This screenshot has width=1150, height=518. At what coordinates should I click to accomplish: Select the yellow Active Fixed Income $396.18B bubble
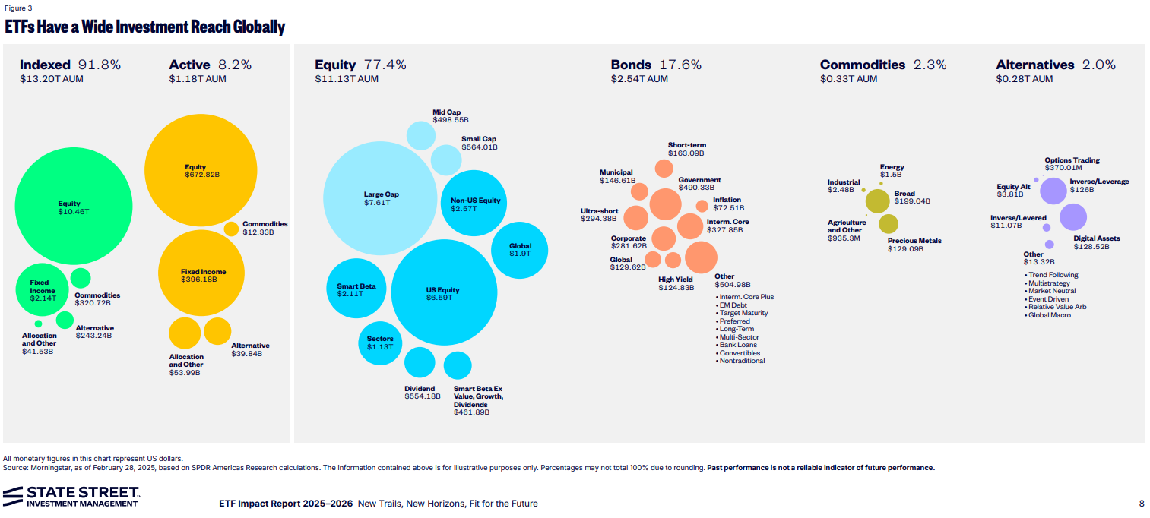click(202, 273)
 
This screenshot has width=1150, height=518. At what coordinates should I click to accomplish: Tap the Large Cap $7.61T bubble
click(381, 198)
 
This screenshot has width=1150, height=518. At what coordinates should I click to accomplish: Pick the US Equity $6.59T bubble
click(443, 292)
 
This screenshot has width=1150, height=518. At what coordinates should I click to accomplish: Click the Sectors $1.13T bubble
click(379, 343)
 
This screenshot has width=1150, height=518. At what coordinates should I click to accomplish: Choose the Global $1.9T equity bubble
click(521, 249)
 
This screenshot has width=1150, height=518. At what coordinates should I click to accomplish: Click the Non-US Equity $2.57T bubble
click(475, 204)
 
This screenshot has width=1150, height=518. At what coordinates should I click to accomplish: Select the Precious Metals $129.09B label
click(914, 245)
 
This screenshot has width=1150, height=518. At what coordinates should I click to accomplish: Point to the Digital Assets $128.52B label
click(1096, 242)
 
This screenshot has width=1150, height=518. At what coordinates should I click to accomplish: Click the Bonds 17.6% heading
click(656, 65)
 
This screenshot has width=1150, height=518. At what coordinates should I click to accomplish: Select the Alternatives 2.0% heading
click(1055, 65)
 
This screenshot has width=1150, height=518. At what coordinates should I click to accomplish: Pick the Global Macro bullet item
click(1050, 315)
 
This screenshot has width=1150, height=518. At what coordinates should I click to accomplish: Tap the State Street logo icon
click(13, 497)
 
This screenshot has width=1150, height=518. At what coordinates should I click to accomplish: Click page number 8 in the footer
click(1141, 504)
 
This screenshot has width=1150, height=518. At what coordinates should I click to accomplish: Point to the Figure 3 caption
click(18, 8)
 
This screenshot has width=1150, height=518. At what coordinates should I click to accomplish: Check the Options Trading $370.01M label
click(1072, 164)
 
